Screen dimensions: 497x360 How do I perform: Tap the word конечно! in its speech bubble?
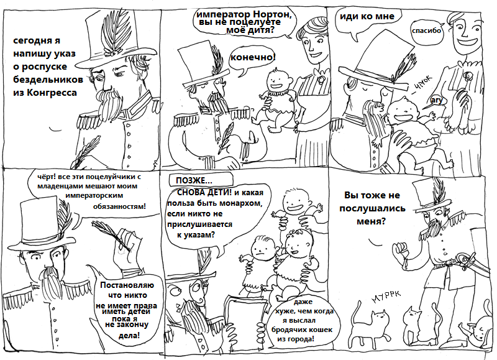click(x=253, y=57)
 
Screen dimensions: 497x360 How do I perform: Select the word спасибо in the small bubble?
click(x=426, y=30)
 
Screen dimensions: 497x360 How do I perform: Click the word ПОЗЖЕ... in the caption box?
click(x=194, y=181)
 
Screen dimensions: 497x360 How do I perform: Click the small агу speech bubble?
click(x=437, y=101)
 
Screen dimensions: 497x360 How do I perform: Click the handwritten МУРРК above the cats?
click(x=386, y=295)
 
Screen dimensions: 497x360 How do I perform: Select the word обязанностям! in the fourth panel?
click(x=119, y=207)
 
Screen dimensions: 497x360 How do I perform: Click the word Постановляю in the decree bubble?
click(x=127, y=285)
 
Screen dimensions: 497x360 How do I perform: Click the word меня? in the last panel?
click(x=371, y=221)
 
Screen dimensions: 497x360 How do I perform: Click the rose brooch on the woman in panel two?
click(x=321, y=78)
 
